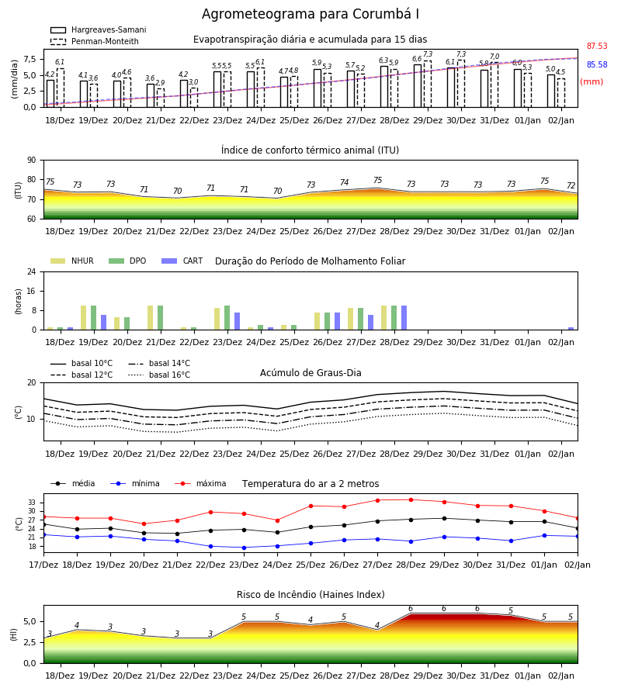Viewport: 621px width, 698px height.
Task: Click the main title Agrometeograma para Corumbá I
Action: [310, 14]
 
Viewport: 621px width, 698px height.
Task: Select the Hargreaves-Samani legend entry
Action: [98, 29]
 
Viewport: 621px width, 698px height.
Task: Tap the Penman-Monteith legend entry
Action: [95, 41]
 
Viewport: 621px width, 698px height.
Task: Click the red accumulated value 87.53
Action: [597, 46]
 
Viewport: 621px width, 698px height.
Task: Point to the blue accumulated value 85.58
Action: [597, 64]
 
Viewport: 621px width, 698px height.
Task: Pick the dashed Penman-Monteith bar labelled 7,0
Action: [494, 85]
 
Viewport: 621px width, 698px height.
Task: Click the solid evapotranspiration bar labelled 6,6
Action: [418, 86]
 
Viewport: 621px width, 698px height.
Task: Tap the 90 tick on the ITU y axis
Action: [32, 161]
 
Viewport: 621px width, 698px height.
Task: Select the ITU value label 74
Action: [345, 182]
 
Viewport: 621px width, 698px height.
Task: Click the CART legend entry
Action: [182, 261]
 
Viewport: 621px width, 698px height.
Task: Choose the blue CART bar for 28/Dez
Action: [404, 318]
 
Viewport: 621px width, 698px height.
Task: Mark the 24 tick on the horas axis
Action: [32, 271]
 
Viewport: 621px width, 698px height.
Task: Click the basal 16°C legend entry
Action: [159, 375]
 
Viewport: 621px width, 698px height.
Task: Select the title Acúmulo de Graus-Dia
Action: [310, 372]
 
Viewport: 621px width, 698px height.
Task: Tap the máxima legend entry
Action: [200, 483]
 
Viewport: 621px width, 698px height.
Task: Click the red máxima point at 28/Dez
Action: [411, 500]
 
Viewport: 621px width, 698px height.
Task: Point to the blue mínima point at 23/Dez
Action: [244, 548]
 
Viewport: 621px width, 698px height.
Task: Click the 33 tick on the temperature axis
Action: [32, 503]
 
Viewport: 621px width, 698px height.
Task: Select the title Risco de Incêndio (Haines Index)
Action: [310, 594]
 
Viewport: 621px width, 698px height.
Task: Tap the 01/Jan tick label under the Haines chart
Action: [528, 676]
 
